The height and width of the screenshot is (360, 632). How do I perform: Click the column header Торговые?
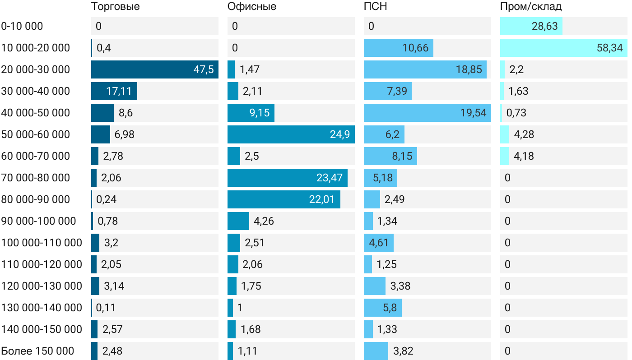point(115,6)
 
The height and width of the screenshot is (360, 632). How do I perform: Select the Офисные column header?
point(252,6)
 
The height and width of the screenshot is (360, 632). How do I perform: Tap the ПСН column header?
point(376,6)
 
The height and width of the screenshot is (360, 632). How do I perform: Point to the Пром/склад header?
point(531,6)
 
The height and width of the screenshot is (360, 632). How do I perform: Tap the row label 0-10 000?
point(22,26)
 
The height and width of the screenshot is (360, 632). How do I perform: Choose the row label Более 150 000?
point(37,351)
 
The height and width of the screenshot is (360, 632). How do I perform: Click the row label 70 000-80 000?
point(36,178)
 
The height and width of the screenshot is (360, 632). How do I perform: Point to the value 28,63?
point(544,26)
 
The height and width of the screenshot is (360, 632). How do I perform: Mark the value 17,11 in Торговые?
point(119,91)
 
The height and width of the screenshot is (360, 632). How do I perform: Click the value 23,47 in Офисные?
point(330,178)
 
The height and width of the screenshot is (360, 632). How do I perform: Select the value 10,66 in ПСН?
point(415,48)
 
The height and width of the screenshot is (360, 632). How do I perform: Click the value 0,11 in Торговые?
point(106,308)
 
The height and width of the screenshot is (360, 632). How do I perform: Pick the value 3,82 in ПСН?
point(404,351)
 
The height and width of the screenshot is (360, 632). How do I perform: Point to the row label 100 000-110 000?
point(42,243)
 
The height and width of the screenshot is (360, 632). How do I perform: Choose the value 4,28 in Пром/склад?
point(524,134)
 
